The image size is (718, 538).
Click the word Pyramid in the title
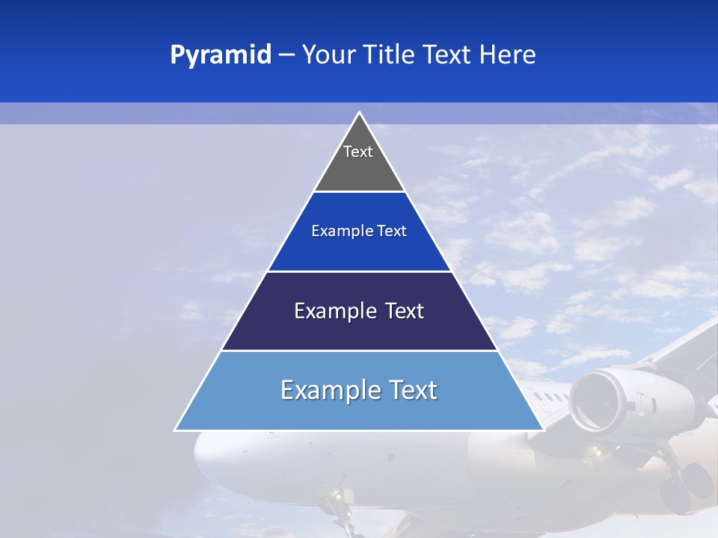coord(220,55)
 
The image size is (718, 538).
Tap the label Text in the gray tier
coord(358,152)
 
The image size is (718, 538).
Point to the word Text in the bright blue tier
coord(392,231)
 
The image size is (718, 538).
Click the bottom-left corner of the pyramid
coord(176,430)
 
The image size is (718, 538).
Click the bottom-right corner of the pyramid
coord(543,430)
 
